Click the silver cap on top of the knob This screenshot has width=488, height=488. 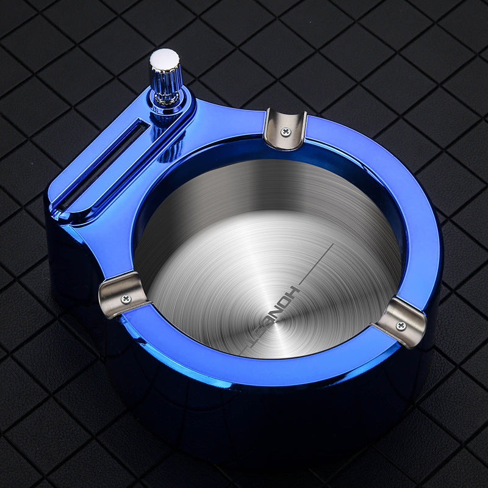pos(165,59)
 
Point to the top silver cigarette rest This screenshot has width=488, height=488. pos(284,128)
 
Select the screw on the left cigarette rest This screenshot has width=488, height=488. pos(126,298)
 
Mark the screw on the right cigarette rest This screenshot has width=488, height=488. pos(401,326)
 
